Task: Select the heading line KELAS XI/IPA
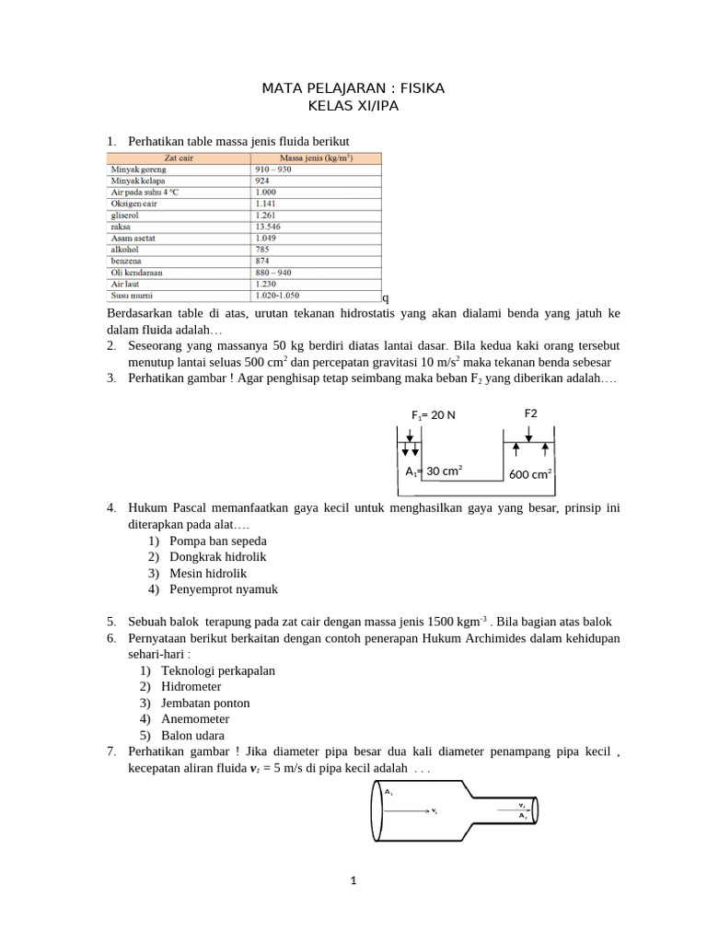(353, 106)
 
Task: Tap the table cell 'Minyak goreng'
(135, 170)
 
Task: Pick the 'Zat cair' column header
(178, 158)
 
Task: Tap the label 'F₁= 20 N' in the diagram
(433, 414)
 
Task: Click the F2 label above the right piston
(531, 413)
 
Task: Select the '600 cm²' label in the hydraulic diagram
(530, 474)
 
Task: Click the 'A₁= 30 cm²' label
(434, 471)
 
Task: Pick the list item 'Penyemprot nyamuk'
(223, 589)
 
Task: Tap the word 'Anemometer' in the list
(194, 719)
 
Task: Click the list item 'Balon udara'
(192, 736)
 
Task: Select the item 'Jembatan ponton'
(204, 703)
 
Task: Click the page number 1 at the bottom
(353, 881)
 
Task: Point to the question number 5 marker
(110, 622)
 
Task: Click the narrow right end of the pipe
(534, 810)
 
